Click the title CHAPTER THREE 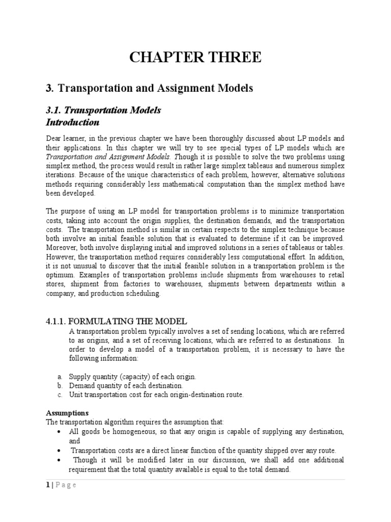(195, 58)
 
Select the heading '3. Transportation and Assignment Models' (149, 88)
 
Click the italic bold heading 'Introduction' (73, 122)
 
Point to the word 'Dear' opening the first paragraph (54, 139)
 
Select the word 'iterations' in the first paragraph (61, 175)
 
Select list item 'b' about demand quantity (126, 385)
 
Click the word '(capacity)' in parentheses (135, 376)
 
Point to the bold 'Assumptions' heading (67, 413)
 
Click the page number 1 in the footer (48, 485)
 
